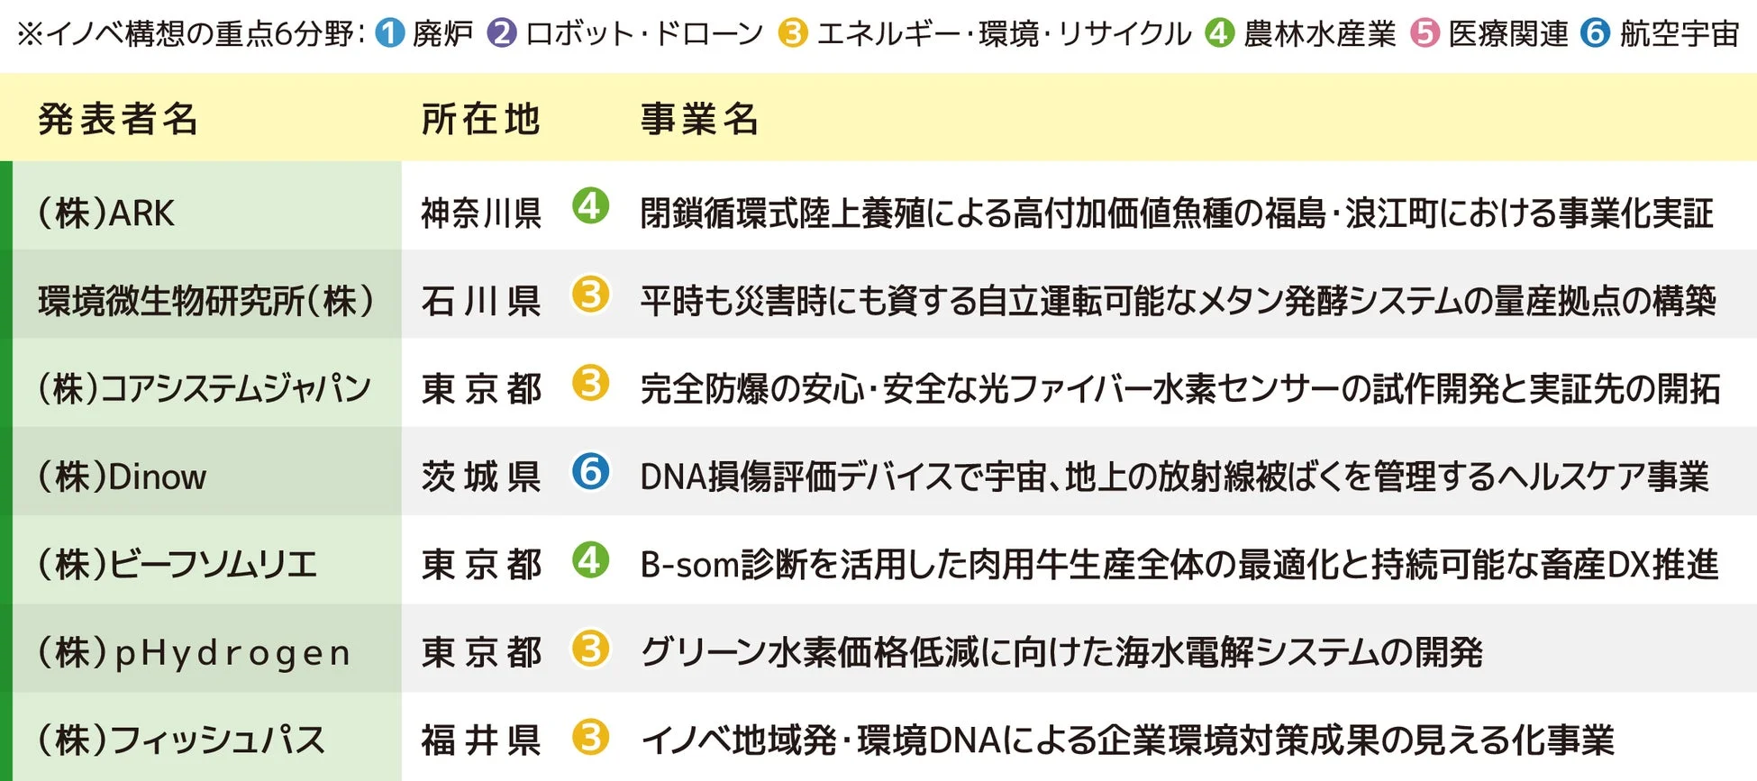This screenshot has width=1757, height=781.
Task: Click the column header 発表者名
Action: (118, 119)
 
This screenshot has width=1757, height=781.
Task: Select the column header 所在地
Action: (480, 119)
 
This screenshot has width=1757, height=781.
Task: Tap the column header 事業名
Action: (699, 119)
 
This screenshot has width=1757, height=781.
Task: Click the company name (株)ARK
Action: (106, 213)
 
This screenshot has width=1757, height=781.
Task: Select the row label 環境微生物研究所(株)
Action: (206, 301)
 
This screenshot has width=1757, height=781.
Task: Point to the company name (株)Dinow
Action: (122, 477)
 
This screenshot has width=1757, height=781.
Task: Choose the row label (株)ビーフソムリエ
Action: (178, 565)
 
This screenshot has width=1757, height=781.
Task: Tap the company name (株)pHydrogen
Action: (194, 652)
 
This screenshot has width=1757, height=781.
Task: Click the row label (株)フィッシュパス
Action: (181, 740)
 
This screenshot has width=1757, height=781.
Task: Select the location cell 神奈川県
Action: (481, 213)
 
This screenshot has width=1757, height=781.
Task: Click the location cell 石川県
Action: (481, 301)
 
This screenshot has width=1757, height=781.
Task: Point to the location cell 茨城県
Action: (481, 477)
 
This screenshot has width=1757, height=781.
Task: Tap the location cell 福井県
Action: (481, 740)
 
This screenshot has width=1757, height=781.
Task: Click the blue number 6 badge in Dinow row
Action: (590, 471)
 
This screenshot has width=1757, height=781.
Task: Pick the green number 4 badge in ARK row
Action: (590, 206)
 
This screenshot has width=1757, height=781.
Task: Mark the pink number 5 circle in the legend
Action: (1425, 33)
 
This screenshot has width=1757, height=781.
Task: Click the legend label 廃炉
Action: (442, 34)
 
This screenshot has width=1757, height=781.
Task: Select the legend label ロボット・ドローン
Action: (644, 34)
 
